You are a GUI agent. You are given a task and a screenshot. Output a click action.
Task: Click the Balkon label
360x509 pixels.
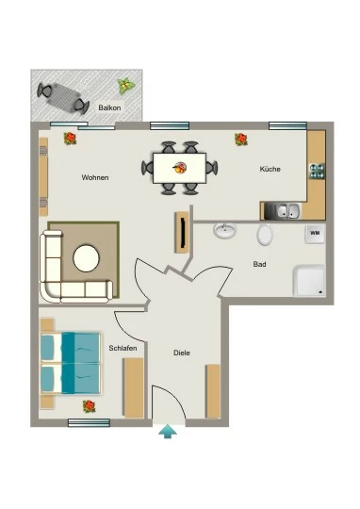(x=109, y=107)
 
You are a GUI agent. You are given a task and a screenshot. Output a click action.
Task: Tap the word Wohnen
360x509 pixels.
(x=95, y=177)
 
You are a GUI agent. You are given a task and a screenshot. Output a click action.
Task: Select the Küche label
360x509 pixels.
(x=270, y=169)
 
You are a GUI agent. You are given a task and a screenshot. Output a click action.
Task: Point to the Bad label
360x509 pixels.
(x=259, y=264)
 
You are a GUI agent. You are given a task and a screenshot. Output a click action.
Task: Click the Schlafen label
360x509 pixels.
(x=123, y=349)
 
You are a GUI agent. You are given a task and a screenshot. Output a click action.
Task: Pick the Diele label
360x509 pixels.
(x=182, y=353)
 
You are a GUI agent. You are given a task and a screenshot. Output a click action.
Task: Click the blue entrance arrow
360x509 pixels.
(x=168, y=432)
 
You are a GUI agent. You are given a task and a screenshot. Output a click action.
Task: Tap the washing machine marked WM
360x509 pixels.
(x=315, y=234)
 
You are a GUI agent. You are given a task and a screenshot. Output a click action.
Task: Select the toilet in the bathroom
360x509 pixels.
(x=265, y=234)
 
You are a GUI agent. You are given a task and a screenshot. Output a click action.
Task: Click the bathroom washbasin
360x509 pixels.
(x=225, y=230)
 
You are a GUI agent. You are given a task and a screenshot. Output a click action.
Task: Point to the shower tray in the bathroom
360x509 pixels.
(x=309, y=281)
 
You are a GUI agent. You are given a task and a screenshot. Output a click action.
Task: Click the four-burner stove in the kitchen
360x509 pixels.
(x=317, y=171)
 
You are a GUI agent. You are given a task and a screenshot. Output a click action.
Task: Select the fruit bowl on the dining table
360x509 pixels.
(x=179, y=168)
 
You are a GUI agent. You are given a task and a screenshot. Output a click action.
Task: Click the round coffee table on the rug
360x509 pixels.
(x=86, y=258)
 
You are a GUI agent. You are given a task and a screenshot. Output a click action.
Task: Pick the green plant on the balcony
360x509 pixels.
(x=125, y=86)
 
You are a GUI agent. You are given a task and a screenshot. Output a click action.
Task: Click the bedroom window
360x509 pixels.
(x=89, y=422)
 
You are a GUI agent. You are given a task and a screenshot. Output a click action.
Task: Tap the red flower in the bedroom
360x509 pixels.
(x=89, y=406)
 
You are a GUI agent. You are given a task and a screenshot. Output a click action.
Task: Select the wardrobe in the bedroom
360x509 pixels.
(x=134, y=387)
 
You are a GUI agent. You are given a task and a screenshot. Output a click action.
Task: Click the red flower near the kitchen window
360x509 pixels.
(x=241, y=140)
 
